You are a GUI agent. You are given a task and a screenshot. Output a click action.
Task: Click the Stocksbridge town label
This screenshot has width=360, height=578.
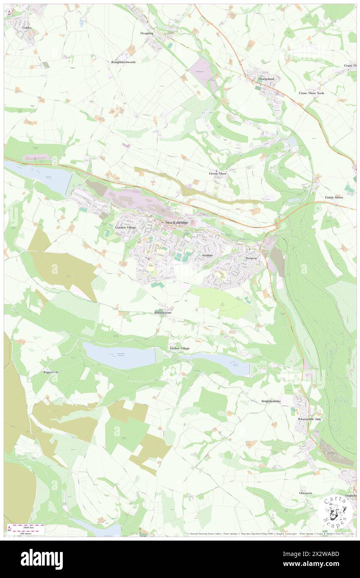click(x=177, y=223)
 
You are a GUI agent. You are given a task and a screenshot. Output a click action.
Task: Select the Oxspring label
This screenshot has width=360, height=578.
click(x=147, y=33)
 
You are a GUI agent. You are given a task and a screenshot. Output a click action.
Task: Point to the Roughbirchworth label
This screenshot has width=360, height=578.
click(x=123, y=62)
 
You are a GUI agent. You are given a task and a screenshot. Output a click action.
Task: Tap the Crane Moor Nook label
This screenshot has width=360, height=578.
click(x=311, y=93)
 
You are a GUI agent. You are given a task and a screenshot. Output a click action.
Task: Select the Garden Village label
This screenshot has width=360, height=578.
click(x=126, y=227)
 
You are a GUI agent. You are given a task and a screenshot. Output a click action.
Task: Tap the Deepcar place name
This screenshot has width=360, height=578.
click(x=252, y=258)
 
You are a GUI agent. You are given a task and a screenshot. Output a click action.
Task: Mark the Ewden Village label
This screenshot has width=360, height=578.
click(x=180, y=348)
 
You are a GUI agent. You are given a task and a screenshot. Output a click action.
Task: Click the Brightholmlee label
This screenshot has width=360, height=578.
click(x=271, y=401)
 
